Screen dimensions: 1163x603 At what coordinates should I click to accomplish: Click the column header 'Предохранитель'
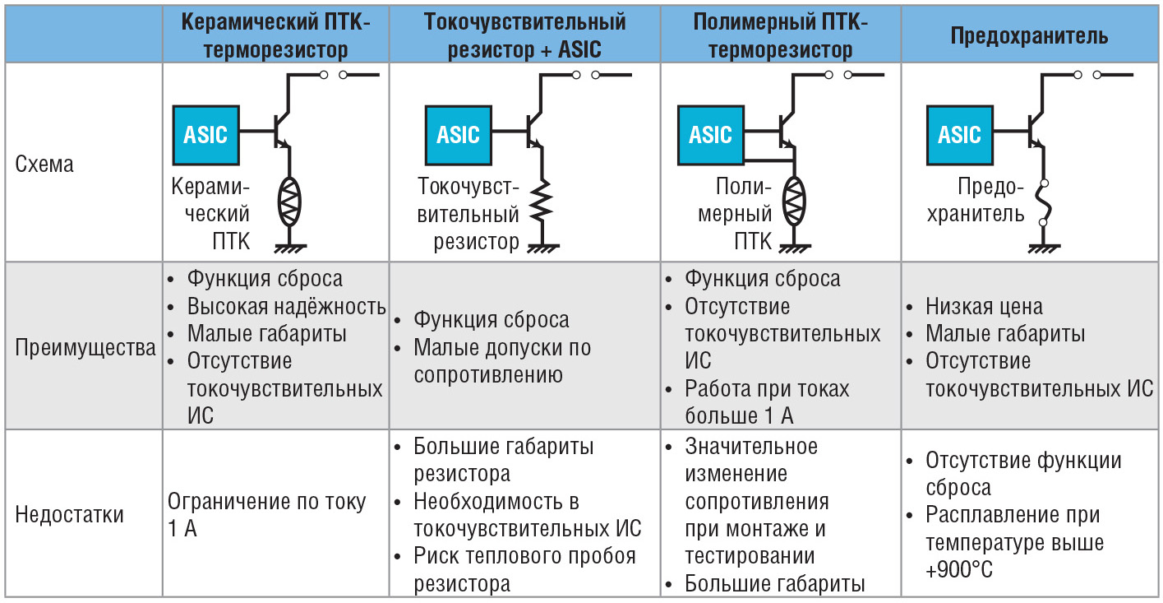coord(1029,36)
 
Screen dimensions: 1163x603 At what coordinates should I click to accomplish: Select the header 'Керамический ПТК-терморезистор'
coord(275,36)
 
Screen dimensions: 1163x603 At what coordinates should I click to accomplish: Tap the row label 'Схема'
coord(44,164)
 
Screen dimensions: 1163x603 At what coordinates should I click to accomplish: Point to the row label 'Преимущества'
coord(85,347)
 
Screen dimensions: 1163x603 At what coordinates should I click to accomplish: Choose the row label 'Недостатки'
coord(69,515)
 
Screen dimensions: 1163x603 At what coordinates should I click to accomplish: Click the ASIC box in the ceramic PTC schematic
coord(205,135)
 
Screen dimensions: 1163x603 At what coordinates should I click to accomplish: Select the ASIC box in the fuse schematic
coord(959,135)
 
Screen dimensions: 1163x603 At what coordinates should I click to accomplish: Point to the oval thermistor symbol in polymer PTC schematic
coord(794,201)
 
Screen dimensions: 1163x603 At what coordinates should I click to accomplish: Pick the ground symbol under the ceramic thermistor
coord(290,248)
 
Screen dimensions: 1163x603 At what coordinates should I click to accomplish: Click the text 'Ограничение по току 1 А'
coord(266,515)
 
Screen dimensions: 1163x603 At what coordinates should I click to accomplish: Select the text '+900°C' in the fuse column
coord(959,570)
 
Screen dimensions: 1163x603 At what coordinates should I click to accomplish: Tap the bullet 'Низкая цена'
coord(984,306)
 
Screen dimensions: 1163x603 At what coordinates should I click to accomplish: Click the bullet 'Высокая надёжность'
coord(286,306)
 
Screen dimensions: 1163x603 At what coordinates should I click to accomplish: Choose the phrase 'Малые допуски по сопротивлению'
coord(502,361)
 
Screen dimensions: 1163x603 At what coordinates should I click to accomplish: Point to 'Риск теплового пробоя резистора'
coord(524,570)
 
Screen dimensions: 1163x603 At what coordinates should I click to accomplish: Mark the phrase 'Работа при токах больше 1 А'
coord(767,401)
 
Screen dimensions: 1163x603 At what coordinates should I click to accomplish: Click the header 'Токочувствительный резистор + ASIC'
coord(524,36)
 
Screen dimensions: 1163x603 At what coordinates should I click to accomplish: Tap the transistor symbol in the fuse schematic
coord(1036,130)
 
